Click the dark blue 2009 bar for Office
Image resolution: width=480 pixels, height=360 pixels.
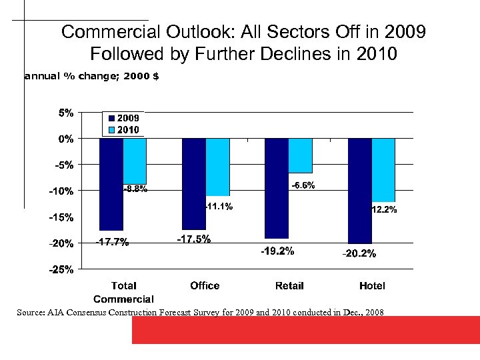[x=194, y=183]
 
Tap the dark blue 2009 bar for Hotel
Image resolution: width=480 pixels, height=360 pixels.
[x=360, y=191]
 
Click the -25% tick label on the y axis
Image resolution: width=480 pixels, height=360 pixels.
[x=62, y=270]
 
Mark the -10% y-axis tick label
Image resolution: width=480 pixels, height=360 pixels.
[x=62, y=191]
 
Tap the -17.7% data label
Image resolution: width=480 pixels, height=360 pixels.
[x=111, y=242]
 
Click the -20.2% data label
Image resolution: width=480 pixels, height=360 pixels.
[x=359, y=253]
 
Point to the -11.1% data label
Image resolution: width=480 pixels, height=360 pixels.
[x=218, y=207]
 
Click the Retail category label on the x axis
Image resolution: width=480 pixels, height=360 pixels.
[x=289, y=285]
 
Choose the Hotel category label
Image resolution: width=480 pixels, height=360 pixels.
[x=372, y=285]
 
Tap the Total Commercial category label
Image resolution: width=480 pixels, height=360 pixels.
[x=123, y=292]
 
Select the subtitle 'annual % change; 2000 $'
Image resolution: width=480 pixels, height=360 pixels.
[x=91, y=76]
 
